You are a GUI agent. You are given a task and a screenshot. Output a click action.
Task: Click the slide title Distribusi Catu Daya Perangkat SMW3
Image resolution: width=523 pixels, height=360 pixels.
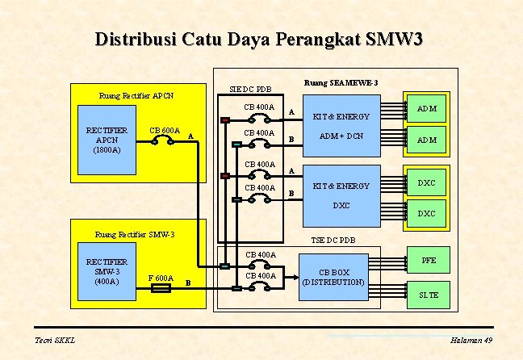tap(259, 40)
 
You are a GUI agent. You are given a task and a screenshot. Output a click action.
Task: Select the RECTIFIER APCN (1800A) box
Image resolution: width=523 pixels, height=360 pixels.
tap(108, 140)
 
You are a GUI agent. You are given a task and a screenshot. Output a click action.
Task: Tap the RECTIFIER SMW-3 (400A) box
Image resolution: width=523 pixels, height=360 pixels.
tap(108, 271)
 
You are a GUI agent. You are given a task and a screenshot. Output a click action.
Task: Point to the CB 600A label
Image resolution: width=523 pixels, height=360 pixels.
tap(165, 130)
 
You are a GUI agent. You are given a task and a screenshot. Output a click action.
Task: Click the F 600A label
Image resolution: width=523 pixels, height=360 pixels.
tap(161, 278)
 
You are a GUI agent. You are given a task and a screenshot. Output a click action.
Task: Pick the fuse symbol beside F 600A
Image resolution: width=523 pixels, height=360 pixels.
tap(161, 288)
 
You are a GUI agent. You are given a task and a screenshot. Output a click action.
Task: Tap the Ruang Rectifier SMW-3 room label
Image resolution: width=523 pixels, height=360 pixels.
tap(135, 235)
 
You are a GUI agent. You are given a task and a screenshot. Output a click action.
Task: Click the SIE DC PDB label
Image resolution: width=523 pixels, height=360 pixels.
tap(249, 89)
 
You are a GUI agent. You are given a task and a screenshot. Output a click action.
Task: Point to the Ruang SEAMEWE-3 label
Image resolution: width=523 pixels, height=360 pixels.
tap(341, 82)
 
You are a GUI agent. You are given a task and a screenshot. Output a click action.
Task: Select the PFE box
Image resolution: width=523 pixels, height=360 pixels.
tap(429, 261)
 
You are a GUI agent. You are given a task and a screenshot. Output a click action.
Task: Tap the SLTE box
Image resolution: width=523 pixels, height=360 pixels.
tap(429, 295)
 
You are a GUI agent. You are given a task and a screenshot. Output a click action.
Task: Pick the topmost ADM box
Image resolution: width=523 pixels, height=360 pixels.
tap(427, 108)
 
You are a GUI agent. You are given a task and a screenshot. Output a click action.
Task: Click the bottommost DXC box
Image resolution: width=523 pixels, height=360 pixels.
tap(426, 213)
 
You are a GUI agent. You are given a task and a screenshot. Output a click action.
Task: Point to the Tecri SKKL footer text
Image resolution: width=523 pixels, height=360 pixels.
tap(55, 340)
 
